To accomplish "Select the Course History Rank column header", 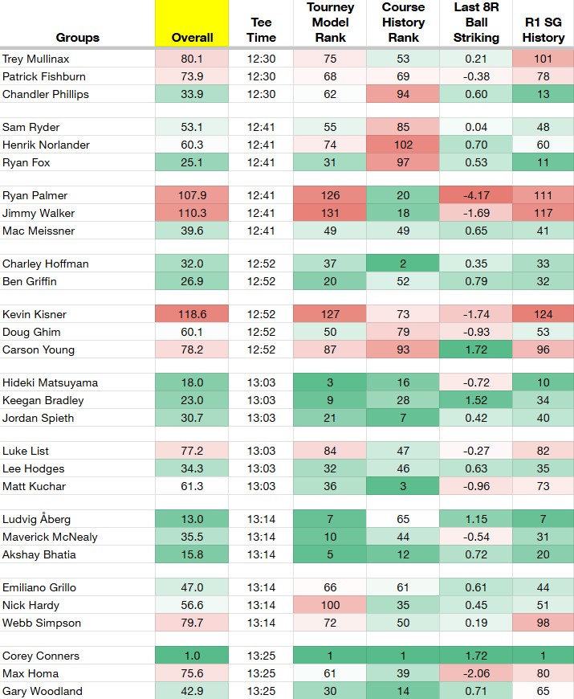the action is point(403,22).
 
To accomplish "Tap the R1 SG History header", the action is point(543,30).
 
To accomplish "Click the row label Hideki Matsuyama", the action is point(50,382).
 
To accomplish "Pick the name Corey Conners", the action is point(40,656).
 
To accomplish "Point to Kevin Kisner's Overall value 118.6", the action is point(192,314).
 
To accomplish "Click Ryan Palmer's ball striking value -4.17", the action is point(476,195).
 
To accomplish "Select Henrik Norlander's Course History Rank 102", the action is point(403,145).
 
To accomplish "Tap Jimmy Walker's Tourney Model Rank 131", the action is point(330,213).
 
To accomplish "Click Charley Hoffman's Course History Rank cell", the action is point(403,264).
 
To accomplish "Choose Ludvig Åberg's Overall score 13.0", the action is point(192,519).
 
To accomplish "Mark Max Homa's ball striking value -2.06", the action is point(476,673).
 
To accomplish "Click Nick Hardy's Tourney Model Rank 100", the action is point(330,605).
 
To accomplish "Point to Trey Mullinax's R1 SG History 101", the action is point(543,59).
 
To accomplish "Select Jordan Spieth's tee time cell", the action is point(262,418).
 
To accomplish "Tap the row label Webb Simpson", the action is point(42,623).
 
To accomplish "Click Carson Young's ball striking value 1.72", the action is point(476,350).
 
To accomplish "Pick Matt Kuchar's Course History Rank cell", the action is point(403,486).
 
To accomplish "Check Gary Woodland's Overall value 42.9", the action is point(192,692).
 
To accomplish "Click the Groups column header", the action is point(78,38).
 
